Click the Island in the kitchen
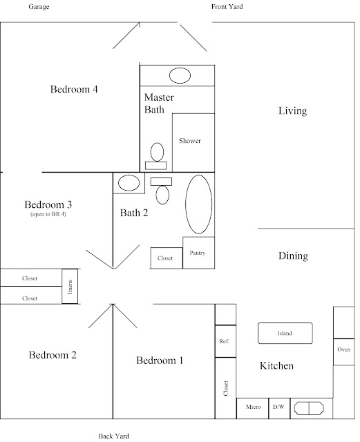(x=285, y=333)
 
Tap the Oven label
(x=343, y=349)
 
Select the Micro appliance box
(x=252, y=408)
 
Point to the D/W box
(x=279, y=408)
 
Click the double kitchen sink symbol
(x=309, y=408)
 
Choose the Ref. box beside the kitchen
(x=225, y=341)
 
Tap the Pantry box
(x=198, y=253)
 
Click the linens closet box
(x=70, y=286)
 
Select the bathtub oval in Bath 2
(x=198, y=204)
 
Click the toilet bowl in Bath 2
(x=162, y=195)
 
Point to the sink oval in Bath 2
(x=129, y=183)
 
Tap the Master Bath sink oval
(x=180, y=75)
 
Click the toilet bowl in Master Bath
(x=157, y=152)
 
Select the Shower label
(x=190, y=141)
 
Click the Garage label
(x=39, y=7)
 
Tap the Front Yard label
(x=227, y=6)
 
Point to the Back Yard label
(x=114, y=436)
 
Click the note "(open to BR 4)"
(x=48, y=214)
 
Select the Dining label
(x=293, y=256)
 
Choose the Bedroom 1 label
(x=160, y=361)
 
